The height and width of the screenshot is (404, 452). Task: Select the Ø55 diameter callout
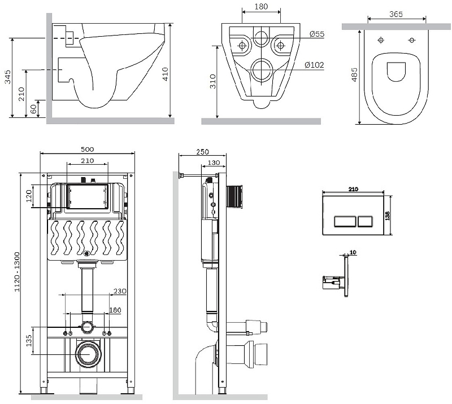(317, 34)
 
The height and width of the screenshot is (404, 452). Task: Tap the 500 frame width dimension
(87, 149)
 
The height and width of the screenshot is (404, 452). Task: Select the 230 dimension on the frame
(120, 291)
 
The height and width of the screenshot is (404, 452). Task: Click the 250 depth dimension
(202, 151)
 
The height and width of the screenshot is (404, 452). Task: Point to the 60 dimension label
(33, 108)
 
